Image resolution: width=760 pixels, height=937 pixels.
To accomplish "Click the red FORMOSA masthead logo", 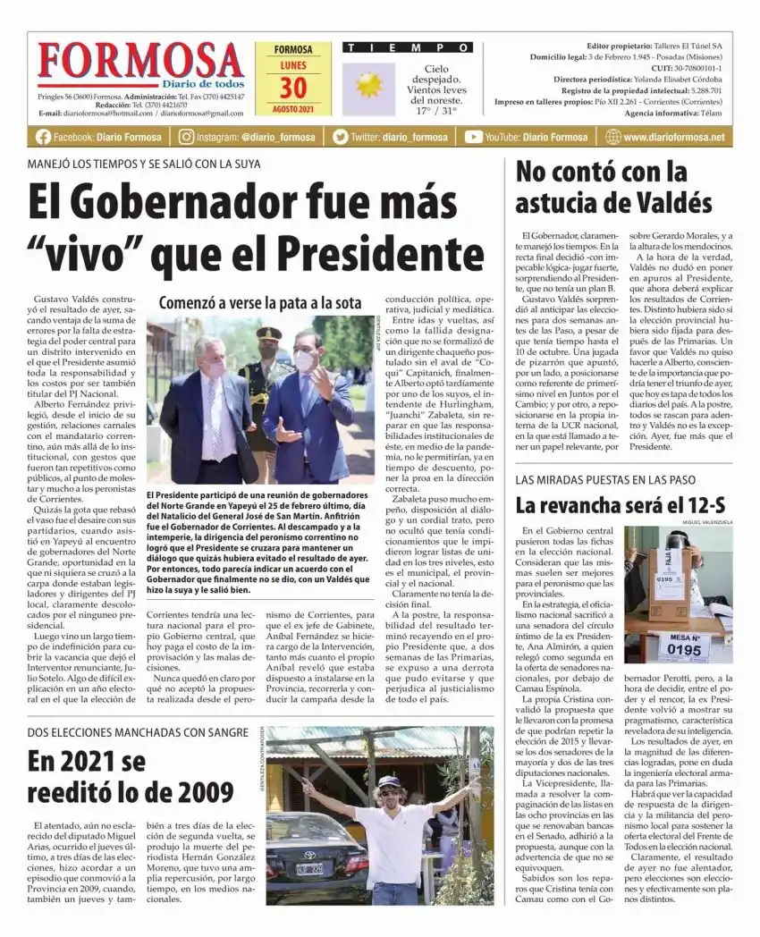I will click(141, 63).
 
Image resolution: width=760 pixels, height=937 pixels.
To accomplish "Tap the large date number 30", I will click(292, 88).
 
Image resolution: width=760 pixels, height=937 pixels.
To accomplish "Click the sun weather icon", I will click(367, 85).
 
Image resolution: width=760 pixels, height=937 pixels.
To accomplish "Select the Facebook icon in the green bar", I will click(43, 137).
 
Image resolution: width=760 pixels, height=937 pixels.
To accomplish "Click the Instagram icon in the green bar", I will click(186, 137).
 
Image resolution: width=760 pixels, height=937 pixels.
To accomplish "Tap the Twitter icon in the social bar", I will click(340, 137).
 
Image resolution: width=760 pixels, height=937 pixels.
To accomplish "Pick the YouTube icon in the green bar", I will click(473, 137).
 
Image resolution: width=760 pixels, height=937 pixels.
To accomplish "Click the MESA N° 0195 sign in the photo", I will click(684, 646).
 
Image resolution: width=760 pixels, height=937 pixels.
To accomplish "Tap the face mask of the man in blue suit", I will click(304, 360).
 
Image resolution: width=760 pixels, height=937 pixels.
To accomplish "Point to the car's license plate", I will click(310, 866).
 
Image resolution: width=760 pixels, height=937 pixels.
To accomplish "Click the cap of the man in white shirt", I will click(388, 781).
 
